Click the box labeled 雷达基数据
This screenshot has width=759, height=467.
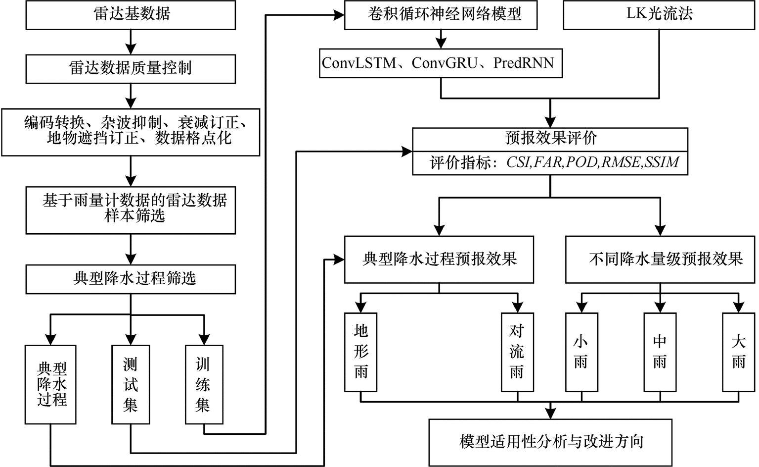(131, 14)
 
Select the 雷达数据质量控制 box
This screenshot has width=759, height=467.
(131, 68)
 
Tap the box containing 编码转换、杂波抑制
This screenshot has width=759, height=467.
(131, 131)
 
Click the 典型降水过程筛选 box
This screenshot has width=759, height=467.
(131, 279)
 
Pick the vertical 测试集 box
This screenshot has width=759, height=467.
(131, 385)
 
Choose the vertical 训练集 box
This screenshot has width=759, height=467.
(203, 385)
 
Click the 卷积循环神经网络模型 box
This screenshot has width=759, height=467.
(441, 14)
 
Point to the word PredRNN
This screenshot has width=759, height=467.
(524, 63)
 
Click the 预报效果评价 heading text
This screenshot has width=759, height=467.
(550, 138)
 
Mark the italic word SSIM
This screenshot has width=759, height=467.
(662, 162)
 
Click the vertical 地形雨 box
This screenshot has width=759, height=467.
(360, 352)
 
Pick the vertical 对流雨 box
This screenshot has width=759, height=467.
(517, 352)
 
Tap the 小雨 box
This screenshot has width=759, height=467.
(581, 352)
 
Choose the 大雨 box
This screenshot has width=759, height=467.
(738, 352)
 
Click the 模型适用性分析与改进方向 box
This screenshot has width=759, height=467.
(550, 442)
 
